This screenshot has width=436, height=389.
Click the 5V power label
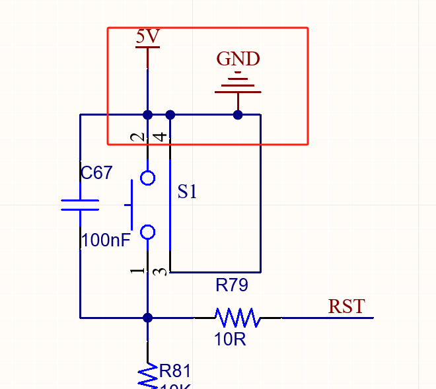tap(147, 37)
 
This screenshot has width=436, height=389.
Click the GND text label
tap(238, 59)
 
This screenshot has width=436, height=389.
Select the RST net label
tap(346, 306)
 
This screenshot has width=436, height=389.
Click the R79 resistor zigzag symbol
tap(237, 318)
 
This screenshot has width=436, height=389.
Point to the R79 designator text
tap(231, 285)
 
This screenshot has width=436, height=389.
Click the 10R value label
tap(230, 340)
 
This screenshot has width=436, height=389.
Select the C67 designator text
tap(96, 173)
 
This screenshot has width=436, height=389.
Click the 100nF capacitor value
tap(106, 239)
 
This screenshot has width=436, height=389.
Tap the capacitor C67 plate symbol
tap(80, 205)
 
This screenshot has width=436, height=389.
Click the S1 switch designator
tap(188, 192)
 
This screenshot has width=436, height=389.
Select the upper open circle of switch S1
tap(147, 178)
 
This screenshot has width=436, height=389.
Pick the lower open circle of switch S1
tap(147, 232)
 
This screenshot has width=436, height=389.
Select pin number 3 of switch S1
tap(159, 271)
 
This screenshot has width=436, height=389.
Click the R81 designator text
tap(175, 371)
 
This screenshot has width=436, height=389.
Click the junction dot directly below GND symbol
tap(238, 115)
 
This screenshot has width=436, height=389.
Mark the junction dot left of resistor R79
tap(147, 318)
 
